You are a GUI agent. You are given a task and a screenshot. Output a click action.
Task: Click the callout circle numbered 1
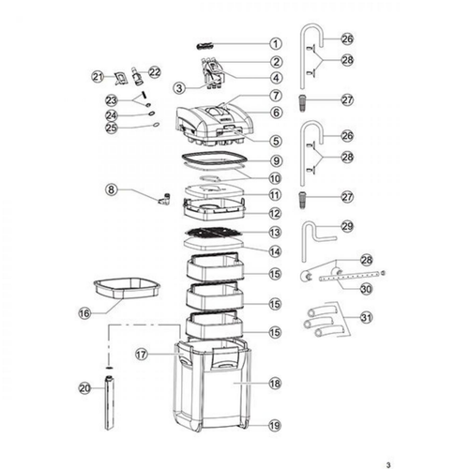276,44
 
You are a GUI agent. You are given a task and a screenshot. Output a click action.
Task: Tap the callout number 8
112,189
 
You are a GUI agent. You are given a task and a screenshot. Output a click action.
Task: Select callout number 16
84,313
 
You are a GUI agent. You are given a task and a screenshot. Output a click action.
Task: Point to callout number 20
84,388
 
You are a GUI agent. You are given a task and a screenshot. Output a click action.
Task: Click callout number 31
367,318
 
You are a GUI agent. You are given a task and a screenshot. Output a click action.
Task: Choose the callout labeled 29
347,226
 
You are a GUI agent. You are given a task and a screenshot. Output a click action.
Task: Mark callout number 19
275,425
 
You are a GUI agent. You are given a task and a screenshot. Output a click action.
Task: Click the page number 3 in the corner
388,465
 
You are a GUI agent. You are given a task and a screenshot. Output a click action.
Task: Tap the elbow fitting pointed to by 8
163,199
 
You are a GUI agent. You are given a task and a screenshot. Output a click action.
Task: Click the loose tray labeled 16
127,288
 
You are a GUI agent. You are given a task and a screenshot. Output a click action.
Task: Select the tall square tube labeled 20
109,403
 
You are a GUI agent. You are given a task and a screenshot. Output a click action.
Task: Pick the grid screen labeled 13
214,233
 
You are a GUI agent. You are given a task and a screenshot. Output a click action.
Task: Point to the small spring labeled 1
204,46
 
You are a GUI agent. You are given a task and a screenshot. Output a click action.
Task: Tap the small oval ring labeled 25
156,125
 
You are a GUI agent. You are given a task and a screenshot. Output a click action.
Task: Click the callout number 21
98,77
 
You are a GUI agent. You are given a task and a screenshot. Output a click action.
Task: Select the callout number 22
154,72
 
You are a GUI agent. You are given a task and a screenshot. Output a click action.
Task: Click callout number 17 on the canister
142,355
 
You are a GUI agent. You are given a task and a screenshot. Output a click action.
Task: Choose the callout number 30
366,289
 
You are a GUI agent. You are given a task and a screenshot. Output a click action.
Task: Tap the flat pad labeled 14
214,244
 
